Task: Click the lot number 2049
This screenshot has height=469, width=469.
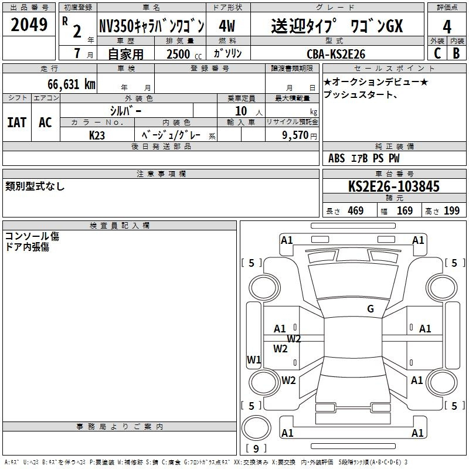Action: coord(29,25)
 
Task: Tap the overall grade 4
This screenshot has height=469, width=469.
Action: coord(447,26)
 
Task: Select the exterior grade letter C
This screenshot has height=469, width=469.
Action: coord(437,53)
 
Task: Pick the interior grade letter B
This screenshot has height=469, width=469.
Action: coord(456,53)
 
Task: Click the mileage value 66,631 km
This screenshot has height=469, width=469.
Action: coord(72,84)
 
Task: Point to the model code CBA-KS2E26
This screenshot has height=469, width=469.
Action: coord(336,54)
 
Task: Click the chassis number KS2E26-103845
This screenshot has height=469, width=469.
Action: coord(394,186)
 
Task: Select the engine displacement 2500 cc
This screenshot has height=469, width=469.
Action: coord(184,54)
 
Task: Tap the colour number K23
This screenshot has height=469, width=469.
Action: coord(97,135)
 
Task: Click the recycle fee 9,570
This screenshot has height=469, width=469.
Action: coord(295,135)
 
